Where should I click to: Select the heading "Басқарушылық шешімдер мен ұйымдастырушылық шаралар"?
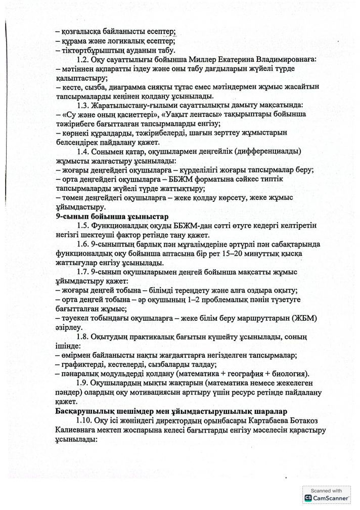(166, 410)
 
